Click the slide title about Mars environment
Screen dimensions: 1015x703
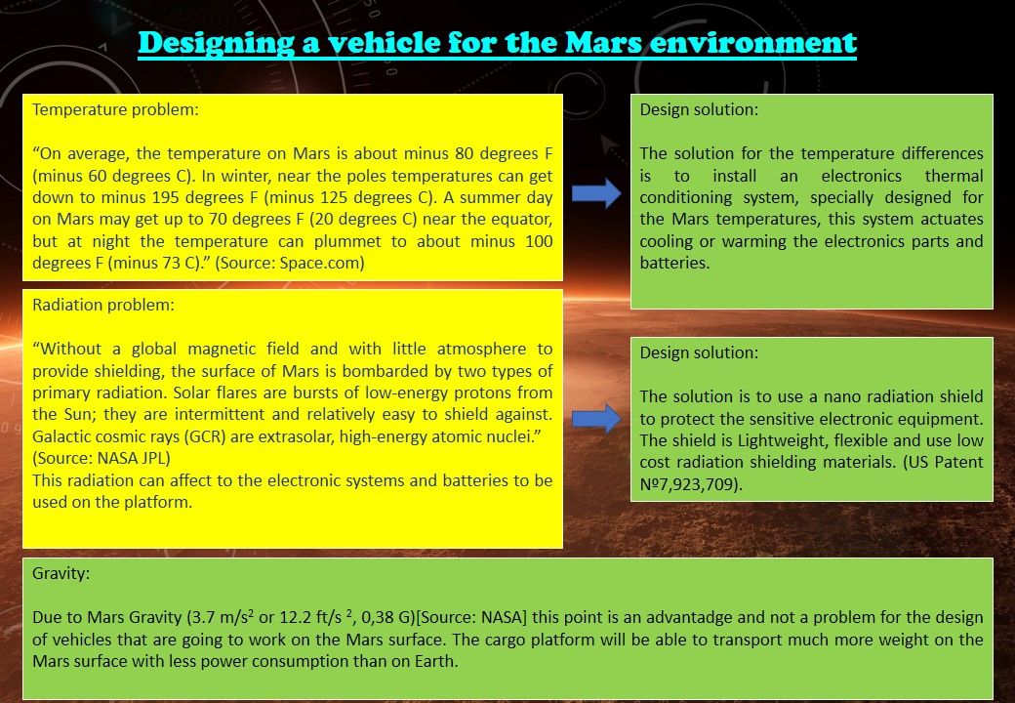point(497,43)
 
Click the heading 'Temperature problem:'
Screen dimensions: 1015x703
point(115,109)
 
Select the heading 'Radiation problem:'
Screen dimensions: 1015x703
point(103,305)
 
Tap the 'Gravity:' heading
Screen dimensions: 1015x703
point(61,573)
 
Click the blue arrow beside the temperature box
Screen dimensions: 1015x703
point(596,193)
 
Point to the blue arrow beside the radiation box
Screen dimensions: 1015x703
point(596,418)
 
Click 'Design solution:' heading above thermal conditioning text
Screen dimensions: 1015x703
point(699,109)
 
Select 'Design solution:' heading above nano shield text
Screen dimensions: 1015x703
point(699,352)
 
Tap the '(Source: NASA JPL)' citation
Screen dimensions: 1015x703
point(101,458)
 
